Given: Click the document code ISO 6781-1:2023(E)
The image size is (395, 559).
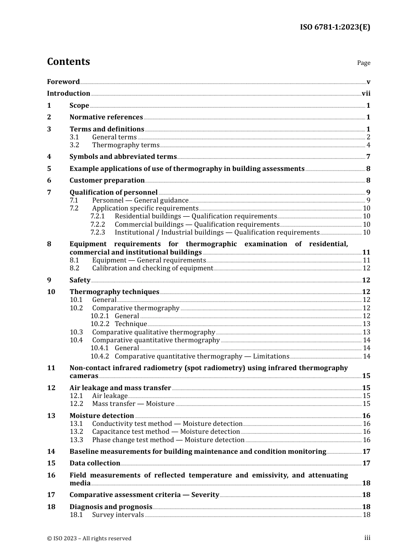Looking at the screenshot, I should coord(335,27).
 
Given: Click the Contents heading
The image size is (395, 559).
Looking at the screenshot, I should coord(68,62).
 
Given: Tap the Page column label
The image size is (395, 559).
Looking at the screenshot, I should coord(363,63).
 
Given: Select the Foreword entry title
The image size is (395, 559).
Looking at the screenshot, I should coord(63,82).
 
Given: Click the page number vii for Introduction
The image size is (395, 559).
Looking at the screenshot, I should coord(366,94).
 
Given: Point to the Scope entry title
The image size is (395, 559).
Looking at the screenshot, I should coord(79,106).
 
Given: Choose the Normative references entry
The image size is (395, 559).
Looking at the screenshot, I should coord(106,117).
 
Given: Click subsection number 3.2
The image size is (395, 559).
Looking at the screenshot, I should coord(74,145).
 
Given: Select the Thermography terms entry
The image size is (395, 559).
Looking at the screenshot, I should coord(126,145).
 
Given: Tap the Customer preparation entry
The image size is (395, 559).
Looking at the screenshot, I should coord(107,181).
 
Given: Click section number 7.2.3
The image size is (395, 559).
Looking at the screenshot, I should coord(98,233).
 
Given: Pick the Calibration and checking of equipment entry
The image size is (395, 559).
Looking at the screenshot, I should coord(153,268).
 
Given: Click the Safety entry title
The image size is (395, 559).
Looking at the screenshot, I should coord(80,280).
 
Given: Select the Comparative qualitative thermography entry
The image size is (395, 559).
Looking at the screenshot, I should coord(153,332).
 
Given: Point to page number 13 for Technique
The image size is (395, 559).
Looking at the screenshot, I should coord(366,324).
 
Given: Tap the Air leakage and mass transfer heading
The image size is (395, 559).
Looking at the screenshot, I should coord(120,388).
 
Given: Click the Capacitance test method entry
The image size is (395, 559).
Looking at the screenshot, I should coord(166,432).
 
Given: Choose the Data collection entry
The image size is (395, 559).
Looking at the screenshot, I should coord(95,463).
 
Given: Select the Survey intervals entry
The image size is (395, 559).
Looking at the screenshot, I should coord(118,515).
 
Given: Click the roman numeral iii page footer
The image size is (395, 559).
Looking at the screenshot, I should coord(367,538).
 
